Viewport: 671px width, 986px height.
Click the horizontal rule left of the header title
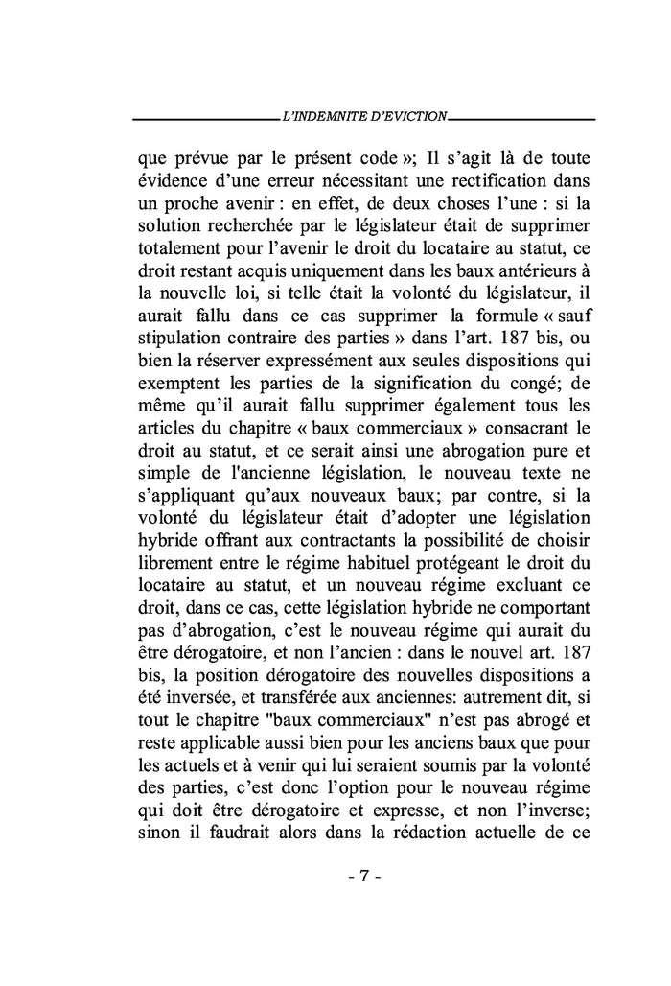(202, 120)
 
